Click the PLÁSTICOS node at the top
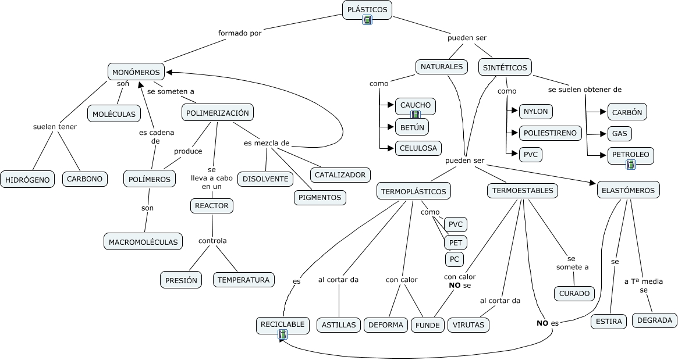[367, 9]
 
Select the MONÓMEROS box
[136, 72]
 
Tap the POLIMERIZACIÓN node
[218, 113]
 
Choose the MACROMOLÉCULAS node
[143, 241]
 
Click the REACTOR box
[212, 206]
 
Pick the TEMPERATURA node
[243, 280]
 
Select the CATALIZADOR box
[340, 174]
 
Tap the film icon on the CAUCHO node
[416, 115]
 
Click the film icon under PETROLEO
[630, 165]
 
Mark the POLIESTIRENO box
[550, 133]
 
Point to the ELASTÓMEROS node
[628, 190]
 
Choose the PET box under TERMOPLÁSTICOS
[455, 242]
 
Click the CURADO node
[574, 294]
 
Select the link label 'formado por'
[240, 33]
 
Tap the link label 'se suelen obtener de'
[585, 90]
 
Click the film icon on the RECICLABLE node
[283, 334]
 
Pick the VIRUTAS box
[468, 325]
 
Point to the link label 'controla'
[212, 241]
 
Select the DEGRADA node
[655, 320]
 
